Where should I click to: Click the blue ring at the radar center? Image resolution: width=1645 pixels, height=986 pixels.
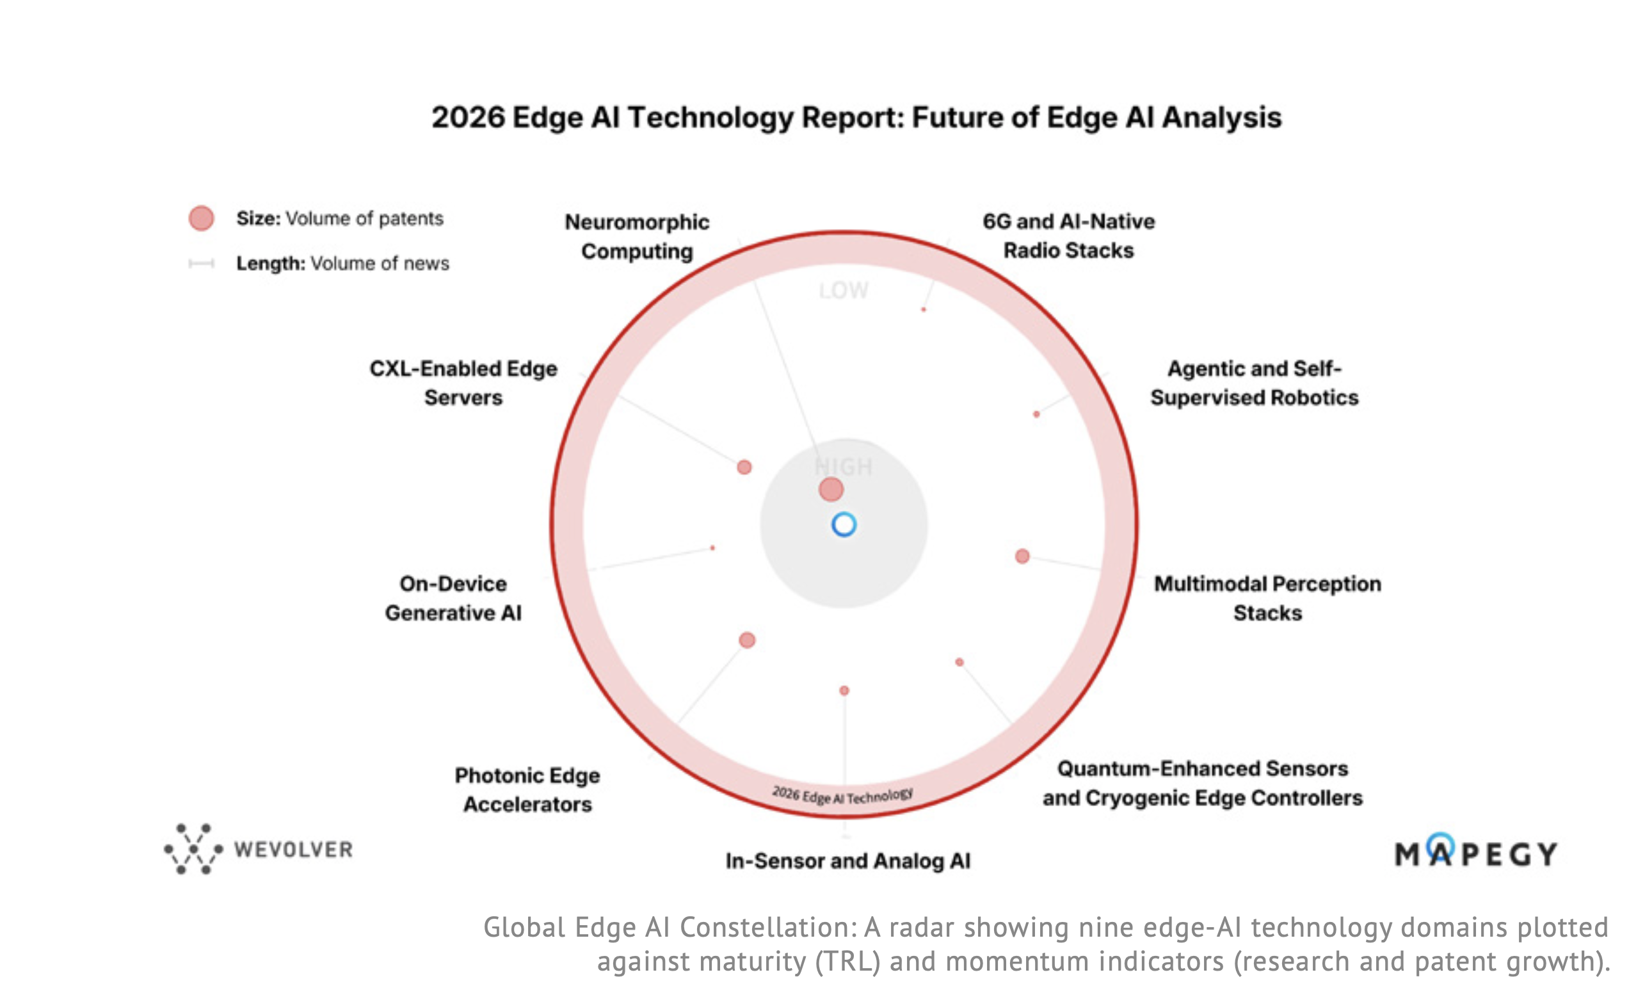coord(844,525)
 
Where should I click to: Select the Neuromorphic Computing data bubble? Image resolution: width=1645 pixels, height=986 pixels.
coord(831,490)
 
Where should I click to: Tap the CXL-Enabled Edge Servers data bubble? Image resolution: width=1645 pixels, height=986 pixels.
coord(744,467)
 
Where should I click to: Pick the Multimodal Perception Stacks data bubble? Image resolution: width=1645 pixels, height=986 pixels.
coord(1022,556)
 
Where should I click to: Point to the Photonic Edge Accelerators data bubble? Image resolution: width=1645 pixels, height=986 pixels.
coord(746,640)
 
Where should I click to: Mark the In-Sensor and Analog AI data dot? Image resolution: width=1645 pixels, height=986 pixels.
coord(844,690)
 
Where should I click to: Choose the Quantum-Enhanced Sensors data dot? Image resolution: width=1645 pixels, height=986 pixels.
coord(959,662)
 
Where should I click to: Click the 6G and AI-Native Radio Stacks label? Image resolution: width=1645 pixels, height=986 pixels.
coord(1068,236)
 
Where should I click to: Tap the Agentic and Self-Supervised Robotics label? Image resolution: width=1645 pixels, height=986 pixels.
coord(1254,383)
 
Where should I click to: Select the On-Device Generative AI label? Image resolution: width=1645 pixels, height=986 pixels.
coord(453,598)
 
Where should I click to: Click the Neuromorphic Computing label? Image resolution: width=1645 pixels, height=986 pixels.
coord(636,236)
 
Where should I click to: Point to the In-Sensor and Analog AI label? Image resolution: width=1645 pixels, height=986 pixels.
coord(847,861)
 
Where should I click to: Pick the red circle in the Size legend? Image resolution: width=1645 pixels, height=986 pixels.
coord(200,218)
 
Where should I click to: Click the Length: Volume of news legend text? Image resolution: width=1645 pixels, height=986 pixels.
coord(342,263)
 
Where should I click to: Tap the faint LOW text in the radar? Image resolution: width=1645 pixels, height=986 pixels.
coord(844,290)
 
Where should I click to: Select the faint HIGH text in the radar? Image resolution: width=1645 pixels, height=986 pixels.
coord(844,466)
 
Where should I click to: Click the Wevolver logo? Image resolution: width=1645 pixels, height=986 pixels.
coord(259,849)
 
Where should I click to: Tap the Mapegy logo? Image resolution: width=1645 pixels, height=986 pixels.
coord(1475,852)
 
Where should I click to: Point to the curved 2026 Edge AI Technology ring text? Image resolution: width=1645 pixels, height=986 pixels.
coord(842,795)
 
